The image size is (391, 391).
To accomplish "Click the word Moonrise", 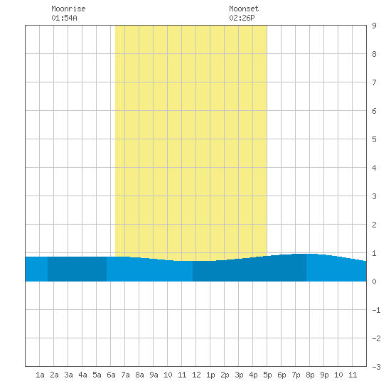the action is [68, 9].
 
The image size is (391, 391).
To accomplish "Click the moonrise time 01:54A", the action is [64, 18].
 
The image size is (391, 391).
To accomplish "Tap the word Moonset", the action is [244, 9].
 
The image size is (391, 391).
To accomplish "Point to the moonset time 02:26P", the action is [242, 18].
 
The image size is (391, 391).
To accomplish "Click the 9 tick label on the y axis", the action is [374, 26].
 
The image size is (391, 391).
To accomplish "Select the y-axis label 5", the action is [374, 139].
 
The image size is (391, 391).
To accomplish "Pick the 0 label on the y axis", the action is [374, 282].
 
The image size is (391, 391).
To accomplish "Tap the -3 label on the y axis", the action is [376, 367].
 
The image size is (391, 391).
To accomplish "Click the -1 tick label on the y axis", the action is [376, 310].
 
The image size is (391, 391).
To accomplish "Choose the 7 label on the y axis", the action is [374, 82].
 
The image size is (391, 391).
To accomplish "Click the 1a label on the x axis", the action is [40, 375].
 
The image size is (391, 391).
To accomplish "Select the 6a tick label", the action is [111, 375].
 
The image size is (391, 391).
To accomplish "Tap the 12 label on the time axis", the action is [196, 375].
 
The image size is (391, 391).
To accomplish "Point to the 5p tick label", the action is [267, 375].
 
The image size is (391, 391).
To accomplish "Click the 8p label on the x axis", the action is [310, 375].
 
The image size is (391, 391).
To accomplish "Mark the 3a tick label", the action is [68, 375].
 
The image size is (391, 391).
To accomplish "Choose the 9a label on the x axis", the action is [154, 375].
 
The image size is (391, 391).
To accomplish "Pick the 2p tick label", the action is [225, 375].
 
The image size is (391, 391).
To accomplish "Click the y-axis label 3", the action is [374, 196].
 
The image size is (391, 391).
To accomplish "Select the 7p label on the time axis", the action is [296, 375].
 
